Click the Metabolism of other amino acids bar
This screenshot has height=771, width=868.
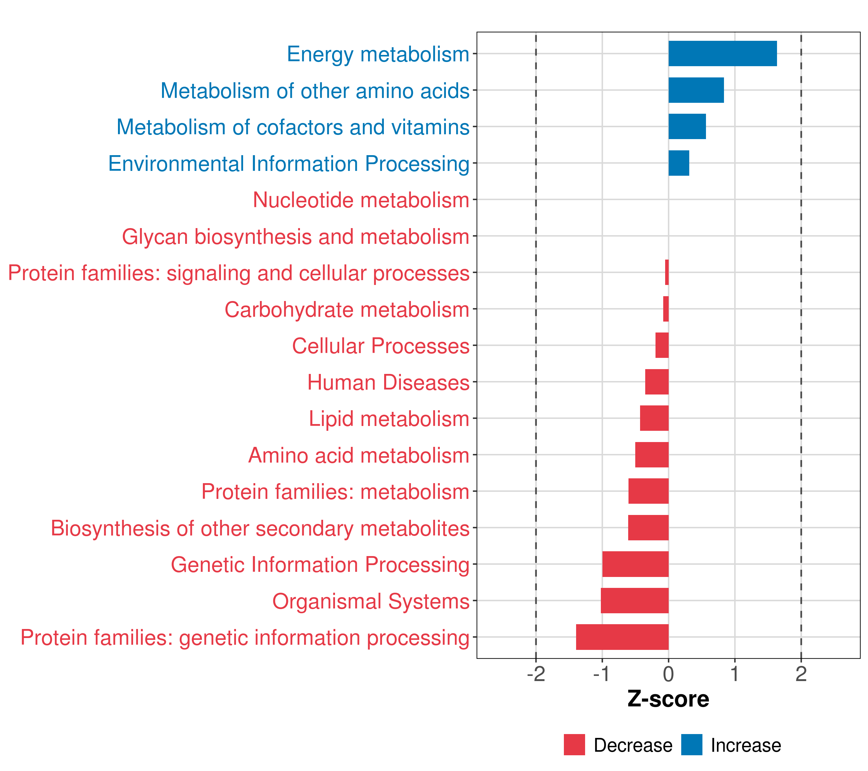[x=696, y=90]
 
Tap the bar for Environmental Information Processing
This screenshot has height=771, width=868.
[x=679, y=163]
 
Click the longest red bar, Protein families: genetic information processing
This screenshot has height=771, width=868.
[x=622, y=637]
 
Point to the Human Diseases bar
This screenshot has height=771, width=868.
[x=656, y=382]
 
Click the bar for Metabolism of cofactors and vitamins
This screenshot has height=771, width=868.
[x=687, y=127]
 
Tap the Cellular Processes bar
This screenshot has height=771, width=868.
[x=662, y=345]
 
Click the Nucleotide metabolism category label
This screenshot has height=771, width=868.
[x=361, y=200]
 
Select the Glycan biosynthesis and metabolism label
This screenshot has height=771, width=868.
[x=295, y=236]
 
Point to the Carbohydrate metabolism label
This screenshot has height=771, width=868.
[x=347, y=309]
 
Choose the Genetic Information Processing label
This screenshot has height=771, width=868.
[x=320, y=565]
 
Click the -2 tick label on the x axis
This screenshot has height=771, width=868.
[x=536, y=674]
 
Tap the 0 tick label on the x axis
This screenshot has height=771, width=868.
[x=668, y=674]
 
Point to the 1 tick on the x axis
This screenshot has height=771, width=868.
[x=735, y=674]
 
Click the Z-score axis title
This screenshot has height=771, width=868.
[x=668, y=700]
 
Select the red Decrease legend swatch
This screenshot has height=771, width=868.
[x=574, y=745]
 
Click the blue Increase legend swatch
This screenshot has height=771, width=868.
[x=691, y=745]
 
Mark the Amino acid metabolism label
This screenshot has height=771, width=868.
[x=359, y=455]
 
